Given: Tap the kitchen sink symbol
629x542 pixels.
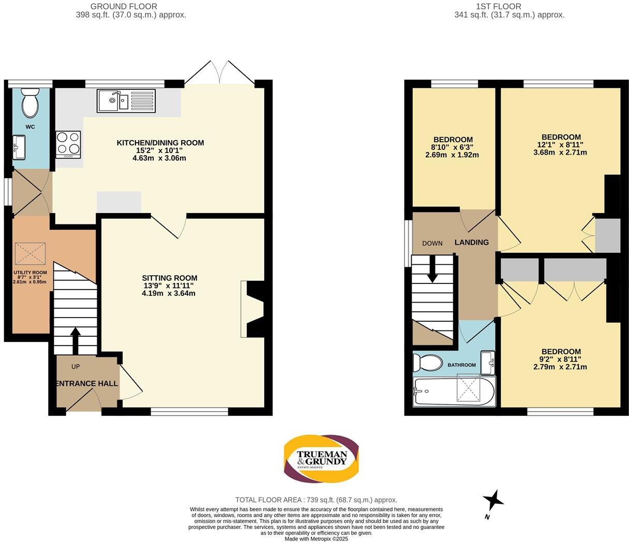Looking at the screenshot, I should [x=113, y=100].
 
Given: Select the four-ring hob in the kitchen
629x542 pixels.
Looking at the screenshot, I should [x=68, y=143].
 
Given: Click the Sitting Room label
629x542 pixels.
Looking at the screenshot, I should [x=170, y=278].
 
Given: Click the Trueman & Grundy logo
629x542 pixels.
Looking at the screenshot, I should [x=321, y=458].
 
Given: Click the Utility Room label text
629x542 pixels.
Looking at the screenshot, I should [x=30, y=273].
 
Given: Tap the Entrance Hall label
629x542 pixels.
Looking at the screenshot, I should [x=87, y=384].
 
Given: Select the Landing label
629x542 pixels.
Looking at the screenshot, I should [x=471, y=242].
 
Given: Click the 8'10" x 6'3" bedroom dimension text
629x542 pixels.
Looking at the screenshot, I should [x=453, y=147].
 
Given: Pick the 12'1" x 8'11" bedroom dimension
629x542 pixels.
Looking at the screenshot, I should [x=560, y=145].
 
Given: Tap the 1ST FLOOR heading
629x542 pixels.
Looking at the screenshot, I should [x=498, y=6].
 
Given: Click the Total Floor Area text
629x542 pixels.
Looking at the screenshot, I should [x=316, y=500].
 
